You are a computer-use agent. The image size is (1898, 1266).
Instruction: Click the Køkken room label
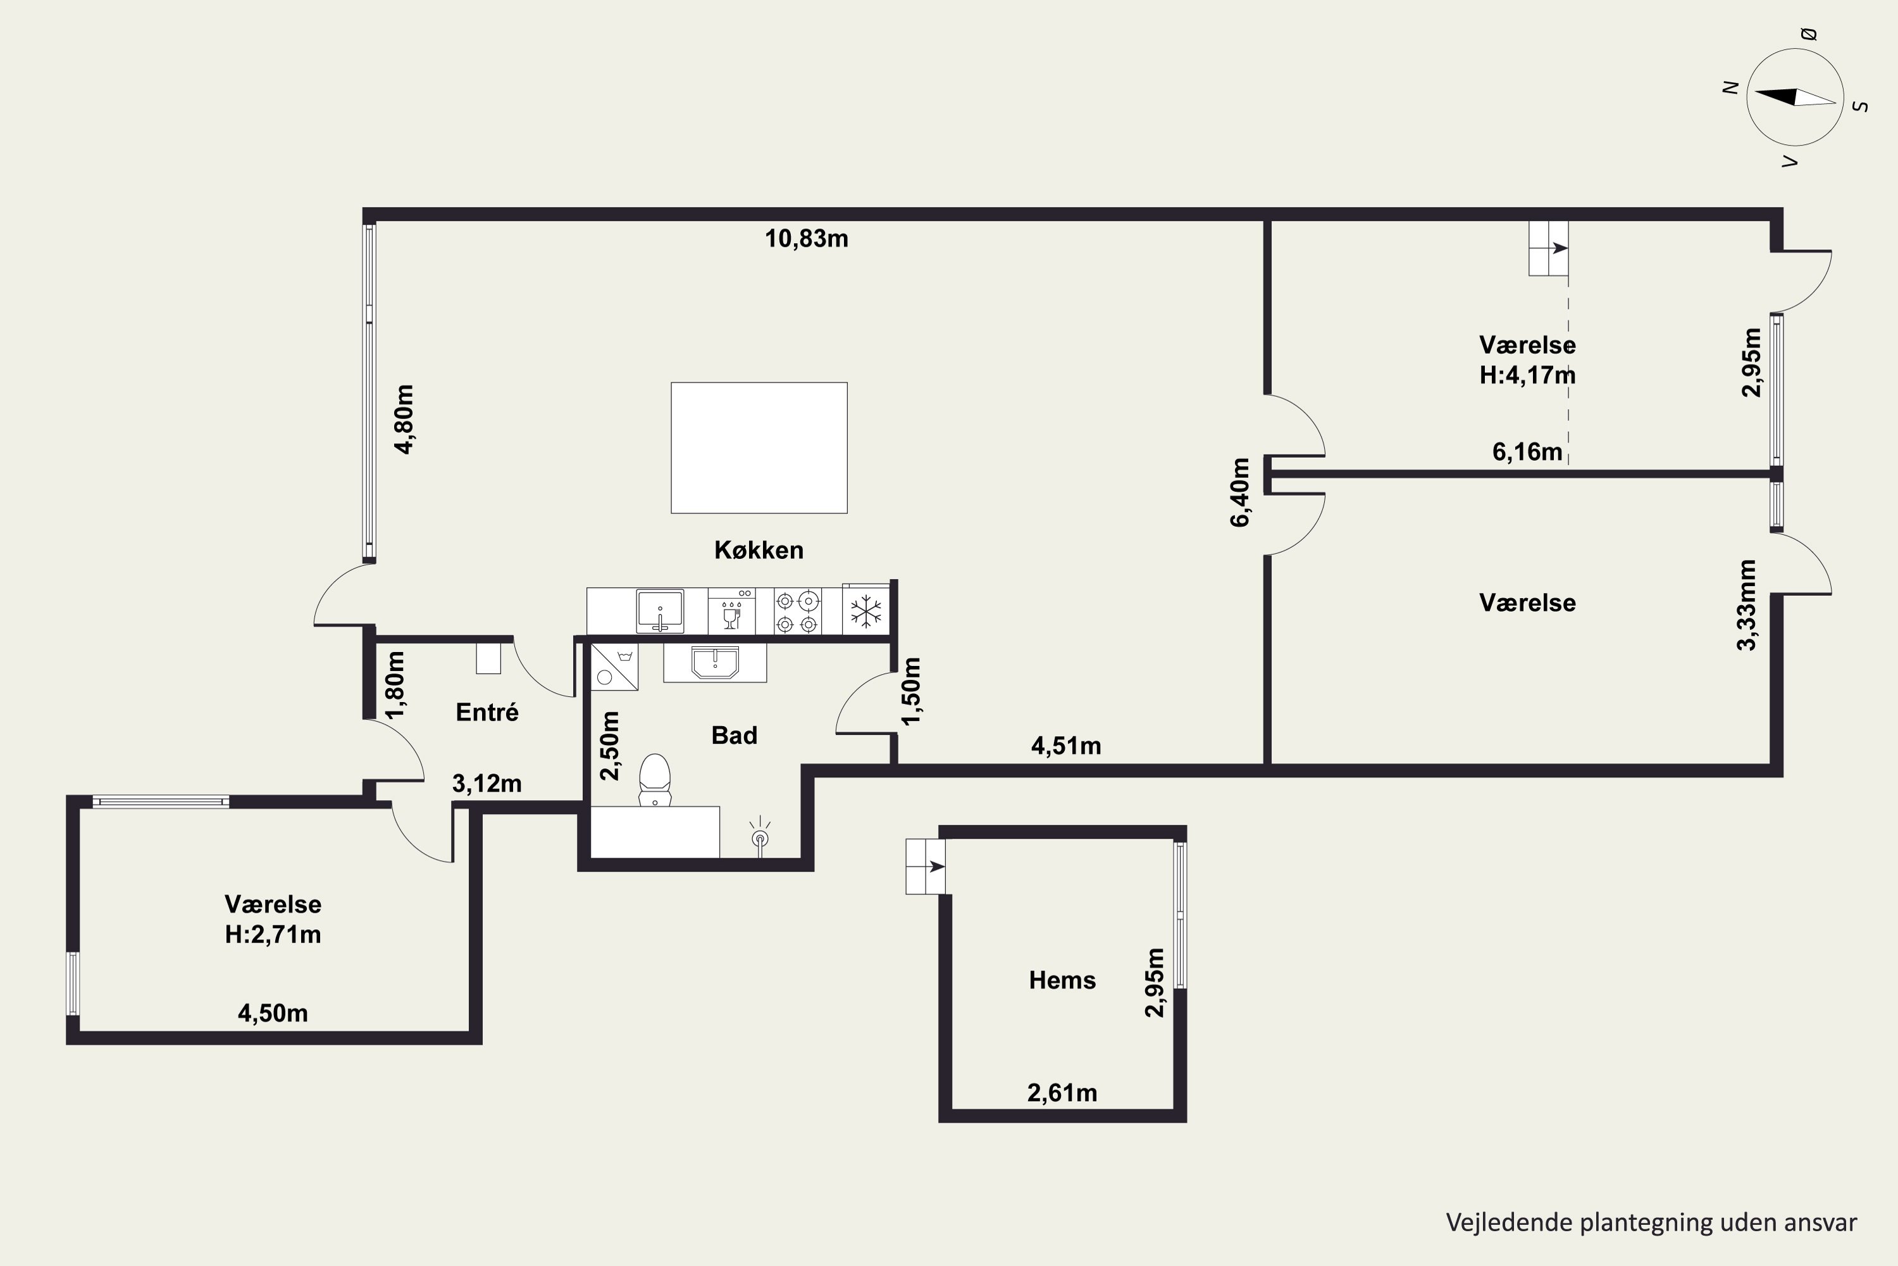(759, 550)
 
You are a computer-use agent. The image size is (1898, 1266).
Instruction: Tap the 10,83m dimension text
(806, 239)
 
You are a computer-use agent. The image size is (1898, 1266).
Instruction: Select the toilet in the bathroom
(654, 780)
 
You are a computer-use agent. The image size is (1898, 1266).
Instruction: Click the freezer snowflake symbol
(866, 612)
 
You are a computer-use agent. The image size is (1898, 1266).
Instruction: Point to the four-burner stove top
(797, 612)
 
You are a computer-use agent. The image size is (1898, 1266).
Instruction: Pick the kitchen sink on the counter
(660, 611)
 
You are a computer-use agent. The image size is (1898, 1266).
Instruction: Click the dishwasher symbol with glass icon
(731, 612)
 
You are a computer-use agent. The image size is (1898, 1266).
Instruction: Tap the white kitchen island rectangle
(759, 448)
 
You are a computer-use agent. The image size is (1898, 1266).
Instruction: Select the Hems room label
(1062, 980)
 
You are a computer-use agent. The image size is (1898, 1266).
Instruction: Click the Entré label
(487, 711)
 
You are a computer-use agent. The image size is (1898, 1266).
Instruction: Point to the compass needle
(1796, 97)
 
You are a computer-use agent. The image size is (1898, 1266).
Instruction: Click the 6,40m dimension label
(1240, 492)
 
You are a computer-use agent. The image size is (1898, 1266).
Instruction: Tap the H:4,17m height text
(1527, 375)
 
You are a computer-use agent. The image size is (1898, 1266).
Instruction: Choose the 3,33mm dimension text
(1747, 605)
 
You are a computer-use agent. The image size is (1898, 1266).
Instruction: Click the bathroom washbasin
(715, 663)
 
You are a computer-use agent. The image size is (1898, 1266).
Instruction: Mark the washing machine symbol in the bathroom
(614, 667)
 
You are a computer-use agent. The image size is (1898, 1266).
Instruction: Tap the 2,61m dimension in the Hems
(1062, 1093)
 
